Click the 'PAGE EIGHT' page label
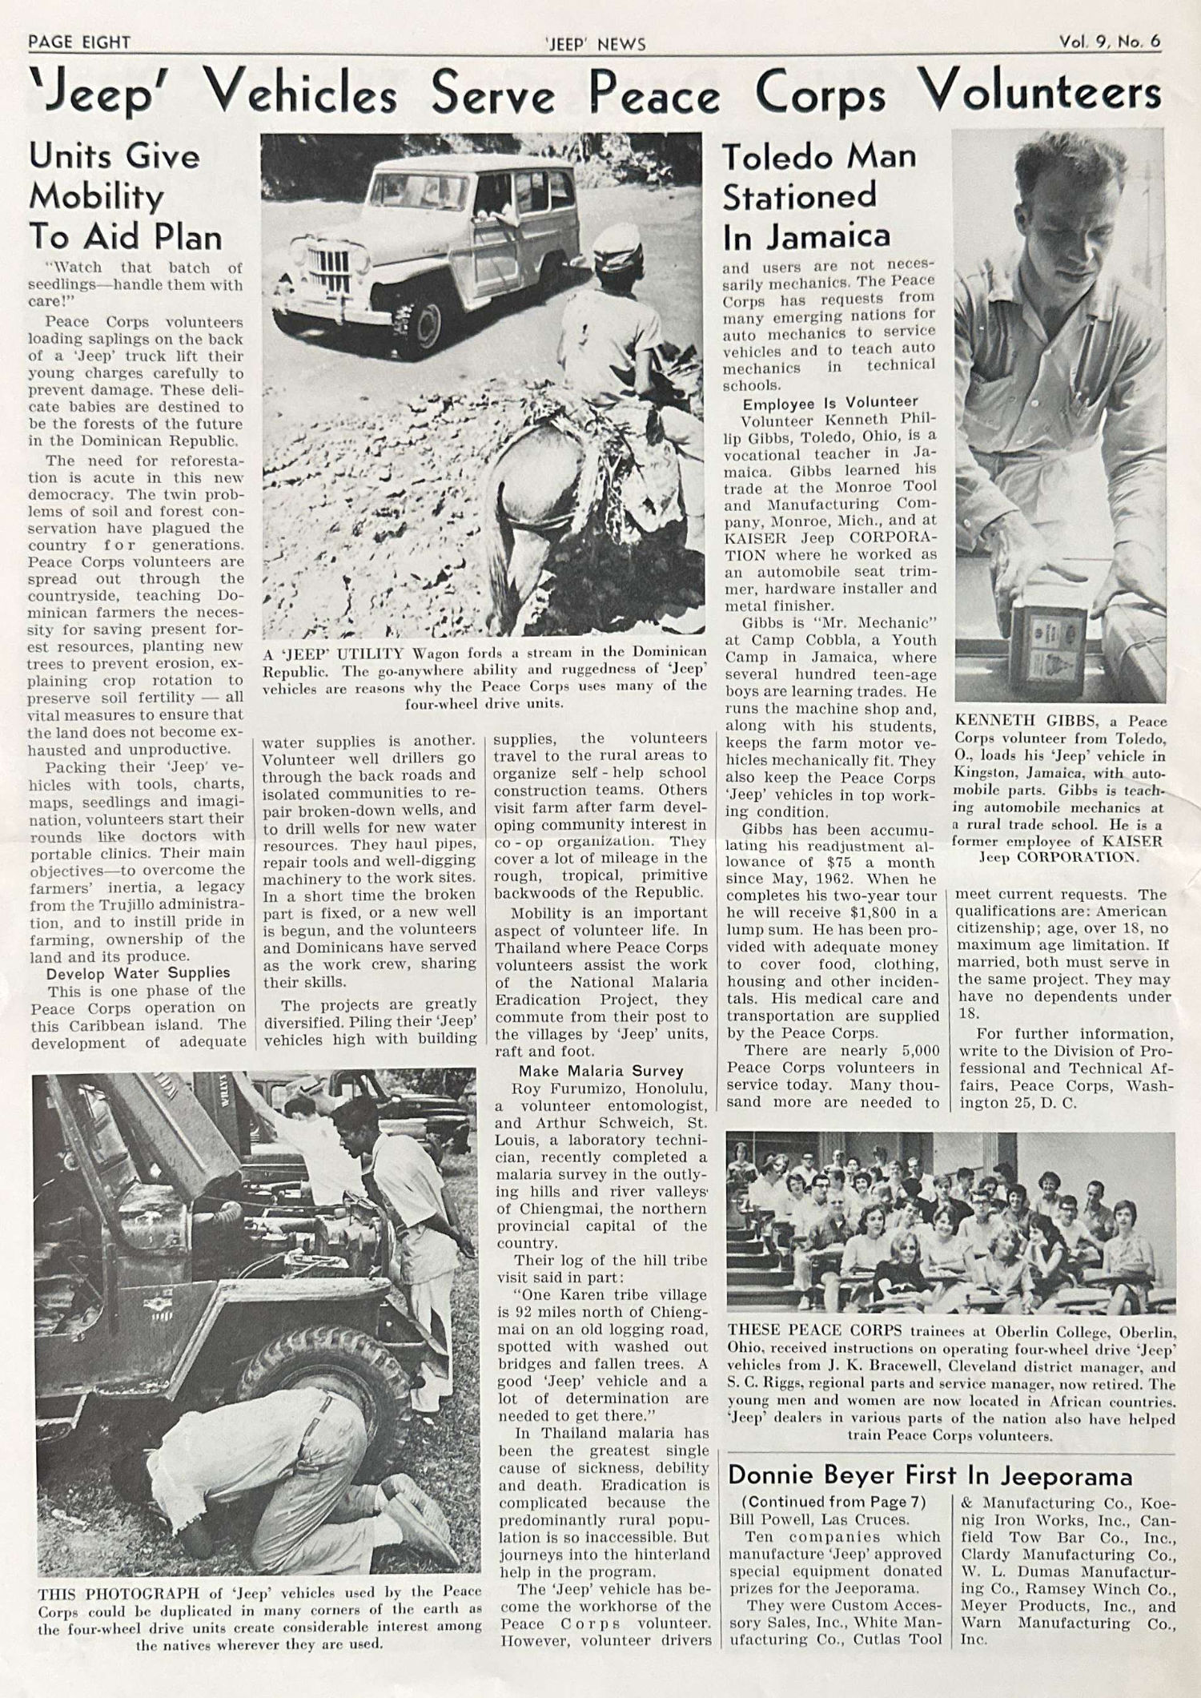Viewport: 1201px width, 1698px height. coord(79,42)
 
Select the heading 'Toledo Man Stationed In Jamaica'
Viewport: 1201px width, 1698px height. coord(818,196)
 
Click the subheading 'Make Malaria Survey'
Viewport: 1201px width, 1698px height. coord(600,1071)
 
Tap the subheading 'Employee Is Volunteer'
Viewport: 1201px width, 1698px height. coord(830,402)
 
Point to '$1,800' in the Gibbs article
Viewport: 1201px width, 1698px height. coord(864,913)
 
